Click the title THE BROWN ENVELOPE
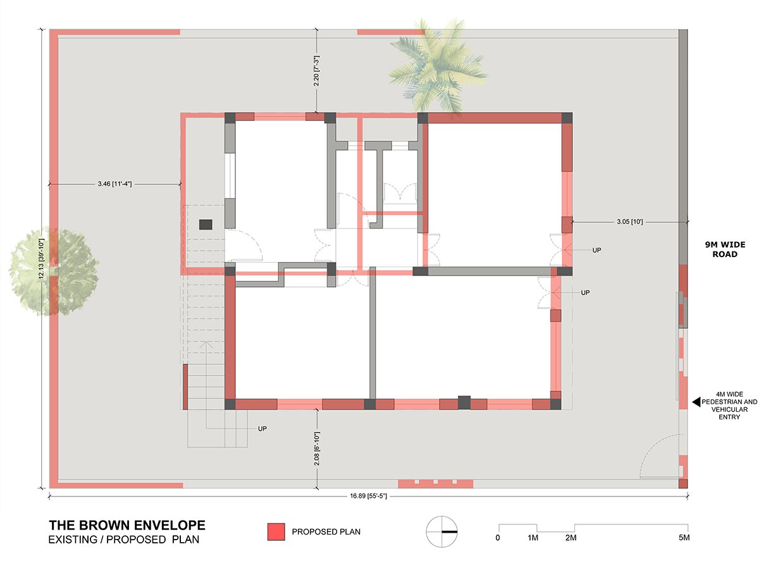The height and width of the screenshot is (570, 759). click(x=127, y=526)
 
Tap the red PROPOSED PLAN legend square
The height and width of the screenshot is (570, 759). click(x=276, y=531)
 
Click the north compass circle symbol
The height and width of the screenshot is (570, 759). click(x=441, y=531)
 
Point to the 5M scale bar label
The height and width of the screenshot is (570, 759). click(x=684, y=538)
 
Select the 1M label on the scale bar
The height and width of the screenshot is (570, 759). click(x=533, y=538)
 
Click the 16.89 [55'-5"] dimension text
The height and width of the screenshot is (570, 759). click(x=368, y=496)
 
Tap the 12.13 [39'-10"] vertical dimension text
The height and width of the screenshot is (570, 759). click(x=42, y=258)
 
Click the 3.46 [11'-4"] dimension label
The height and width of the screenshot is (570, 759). click(x=114, y=184)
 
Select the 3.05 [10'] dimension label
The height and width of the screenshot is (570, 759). click(x=630, y=222)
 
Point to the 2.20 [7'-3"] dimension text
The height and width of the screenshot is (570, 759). click(x=316, y=71)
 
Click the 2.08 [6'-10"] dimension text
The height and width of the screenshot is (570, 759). click(x=317, y=448)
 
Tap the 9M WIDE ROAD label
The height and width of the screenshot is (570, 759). click(x=725, y=249)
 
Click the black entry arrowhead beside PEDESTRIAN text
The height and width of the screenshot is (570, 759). click(x=696, y=402)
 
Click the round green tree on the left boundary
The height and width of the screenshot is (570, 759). click(x=54, y=272)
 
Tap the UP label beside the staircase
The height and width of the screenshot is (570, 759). click(x=262, y=429)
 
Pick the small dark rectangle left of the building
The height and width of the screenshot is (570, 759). click(x=206, y=225)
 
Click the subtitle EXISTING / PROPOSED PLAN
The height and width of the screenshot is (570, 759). click(x=124, y=540)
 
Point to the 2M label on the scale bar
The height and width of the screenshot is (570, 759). click(x=571, y=538)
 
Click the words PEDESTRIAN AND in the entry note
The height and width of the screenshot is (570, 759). click(x=729, y=402)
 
